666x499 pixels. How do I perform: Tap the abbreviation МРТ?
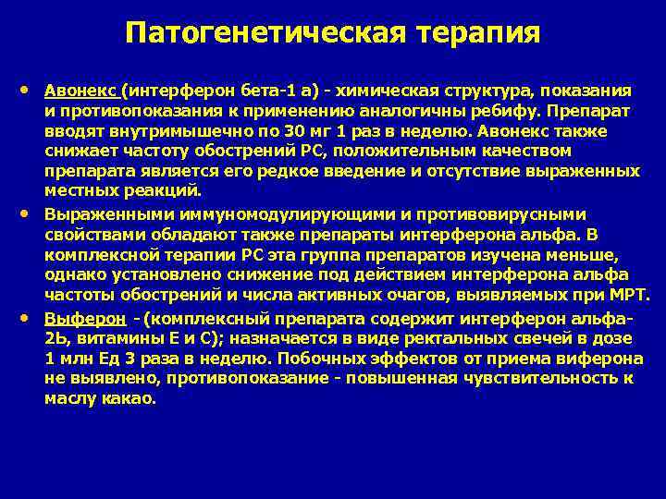point(630,295)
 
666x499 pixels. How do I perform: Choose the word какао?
point(135,399)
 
